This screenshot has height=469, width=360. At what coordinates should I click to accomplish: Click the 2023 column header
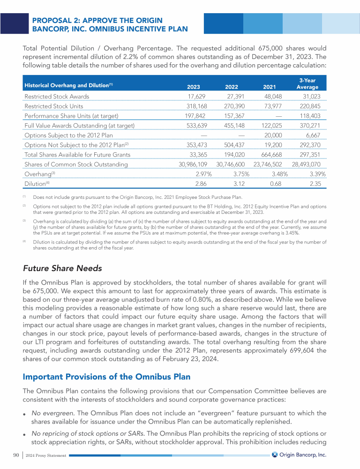pyautogui.click(x=193, y=87)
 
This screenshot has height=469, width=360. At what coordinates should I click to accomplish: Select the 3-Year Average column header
pyautogui.click(x=307, y=83)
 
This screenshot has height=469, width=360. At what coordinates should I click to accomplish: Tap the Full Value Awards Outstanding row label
pyautogui.click(x=79, y=126)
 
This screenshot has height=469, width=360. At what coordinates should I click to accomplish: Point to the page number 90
pyautogui.click(x=17, y=454)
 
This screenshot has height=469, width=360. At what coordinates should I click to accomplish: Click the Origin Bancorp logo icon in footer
pyautogui.click(x=275, y=454)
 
